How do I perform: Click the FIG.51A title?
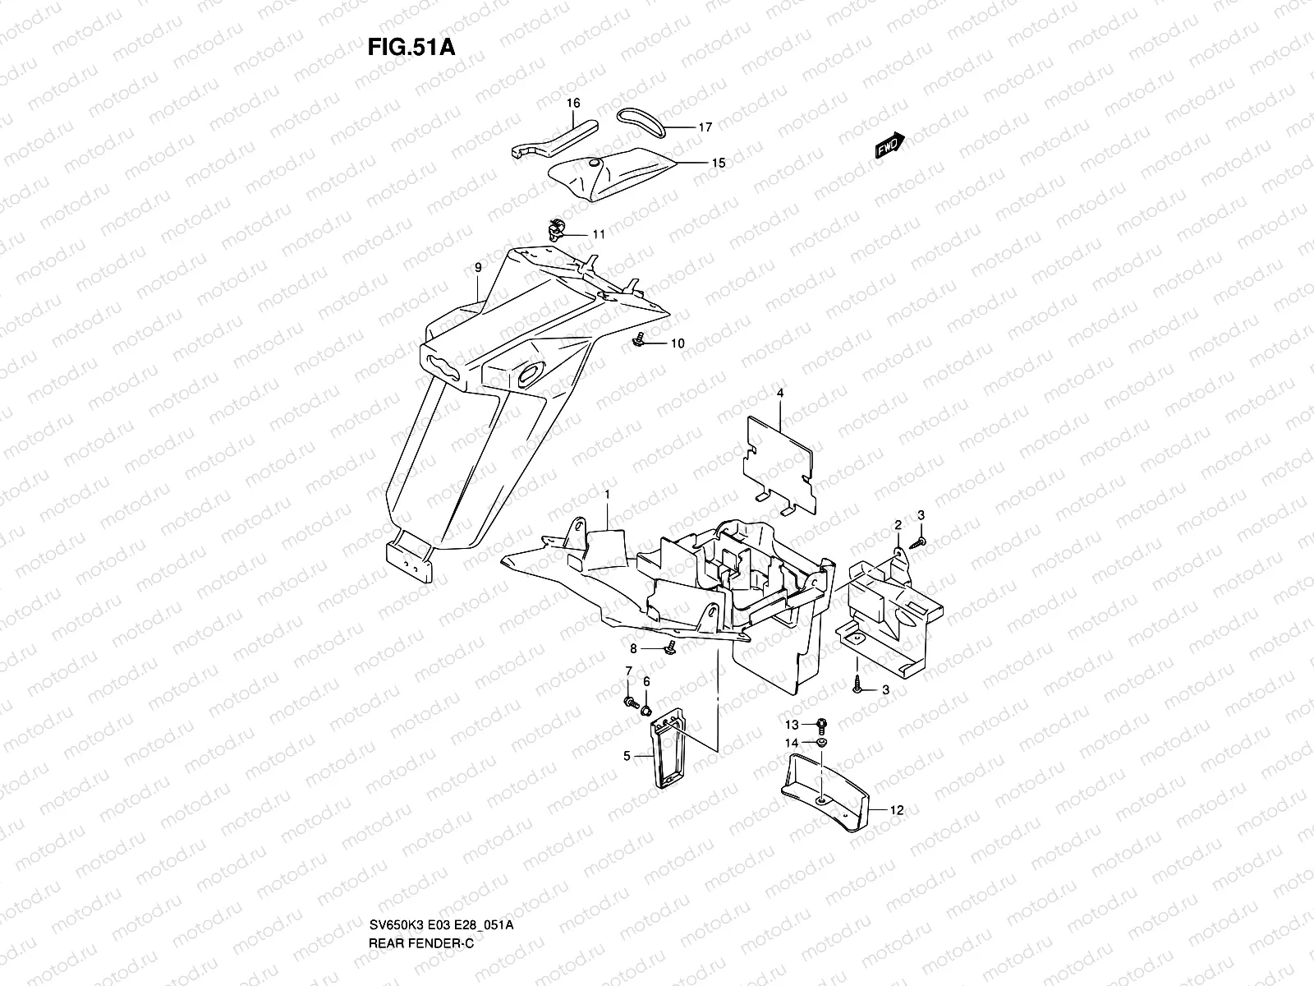click(x=411, y=45)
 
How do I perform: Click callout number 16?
click(x=573, y=104)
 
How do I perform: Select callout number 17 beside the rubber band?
click(x=705, y=127)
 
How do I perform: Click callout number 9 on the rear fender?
click(x=477, y=268)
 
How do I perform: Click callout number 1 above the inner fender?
click(x=607, y=495)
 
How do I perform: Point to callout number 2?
click(x=898, y=524)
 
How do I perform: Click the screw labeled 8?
click(x=672, y=647)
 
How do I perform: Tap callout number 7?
click(x=628, y=672)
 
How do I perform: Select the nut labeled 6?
click(x=646, y=707)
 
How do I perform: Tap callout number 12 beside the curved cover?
click(x=897, y=810)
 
